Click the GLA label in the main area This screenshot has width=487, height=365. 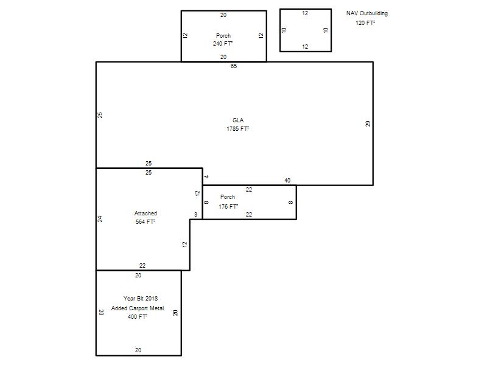click(238, 120)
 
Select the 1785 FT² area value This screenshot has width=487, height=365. click(238, 129)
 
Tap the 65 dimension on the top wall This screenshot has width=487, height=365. click(234, 66)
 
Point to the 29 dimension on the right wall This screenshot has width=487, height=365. click(368, 123)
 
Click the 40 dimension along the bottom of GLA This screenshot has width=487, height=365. click(287, 180)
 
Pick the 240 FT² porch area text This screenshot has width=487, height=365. click(223, 44)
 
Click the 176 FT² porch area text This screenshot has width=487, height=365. click(228, 206)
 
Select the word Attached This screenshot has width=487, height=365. click(145, 214)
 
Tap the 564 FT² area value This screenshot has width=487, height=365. click(145, 222)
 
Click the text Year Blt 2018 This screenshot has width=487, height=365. click(141, 299)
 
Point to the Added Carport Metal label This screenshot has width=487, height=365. click(138, 308)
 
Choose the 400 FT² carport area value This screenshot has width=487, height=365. click(138, 317)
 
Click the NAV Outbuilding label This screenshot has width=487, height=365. click(367, 13)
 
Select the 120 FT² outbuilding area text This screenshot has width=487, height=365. click(365, 23)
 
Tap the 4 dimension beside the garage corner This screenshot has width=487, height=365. click(206, 176)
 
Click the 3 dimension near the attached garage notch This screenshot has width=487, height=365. click(195, 215)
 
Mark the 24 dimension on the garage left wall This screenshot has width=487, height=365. click(100, 219)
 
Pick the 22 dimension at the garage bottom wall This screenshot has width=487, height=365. click(142, 266)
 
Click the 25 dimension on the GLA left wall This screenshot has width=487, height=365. click(100, 115)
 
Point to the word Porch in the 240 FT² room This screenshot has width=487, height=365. click(223, 36)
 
